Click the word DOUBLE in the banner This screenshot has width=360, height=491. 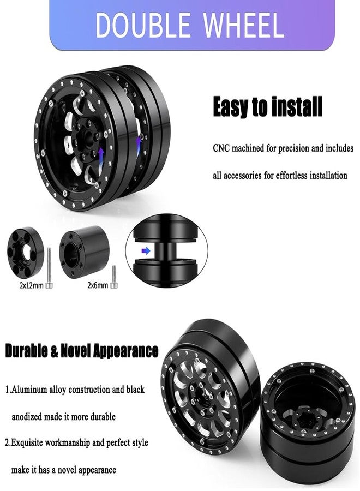tap(142, 25)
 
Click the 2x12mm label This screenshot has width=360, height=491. tap(31, 285)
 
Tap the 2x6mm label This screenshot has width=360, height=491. tap(98, 285)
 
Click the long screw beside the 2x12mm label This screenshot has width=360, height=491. tap(49, 268)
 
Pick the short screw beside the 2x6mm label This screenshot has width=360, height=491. tap(114, 277)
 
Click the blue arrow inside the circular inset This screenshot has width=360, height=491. tap(146, 250)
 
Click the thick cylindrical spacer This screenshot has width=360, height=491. tap(85, 252)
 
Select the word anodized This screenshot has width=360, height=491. tap(27, 417)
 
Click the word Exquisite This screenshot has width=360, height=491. tap(27, 443)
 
